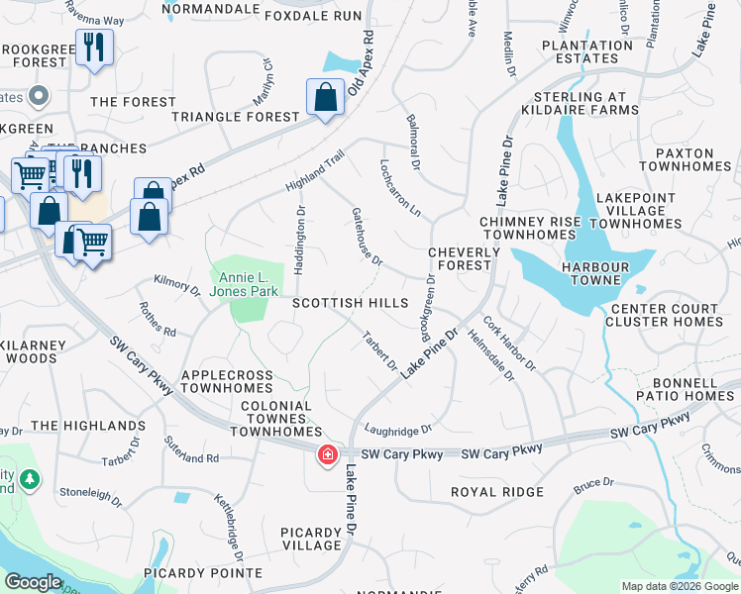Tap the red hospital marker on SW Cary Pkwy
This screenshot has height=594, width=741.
tap(326, 455)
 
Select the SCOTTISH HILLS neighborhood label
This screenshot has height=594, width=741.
tap(350, 302)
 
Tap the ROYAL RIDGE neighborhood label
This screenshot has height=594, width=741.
tap(497, 492)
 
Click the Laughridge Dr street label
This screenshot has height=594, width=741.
tap(398, 430)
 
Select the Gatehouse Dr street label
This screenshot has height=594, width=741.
tap(367, 237)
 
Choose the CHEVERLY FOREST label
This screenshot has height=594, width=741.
tap(460, 258)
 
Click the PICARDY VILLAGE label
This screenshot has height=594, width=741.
tap(311, 539)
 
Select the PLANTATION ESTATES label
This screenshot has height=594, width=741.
tap(587, 51)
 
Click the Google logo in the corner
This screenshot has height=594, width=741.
tap(34, 582)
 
